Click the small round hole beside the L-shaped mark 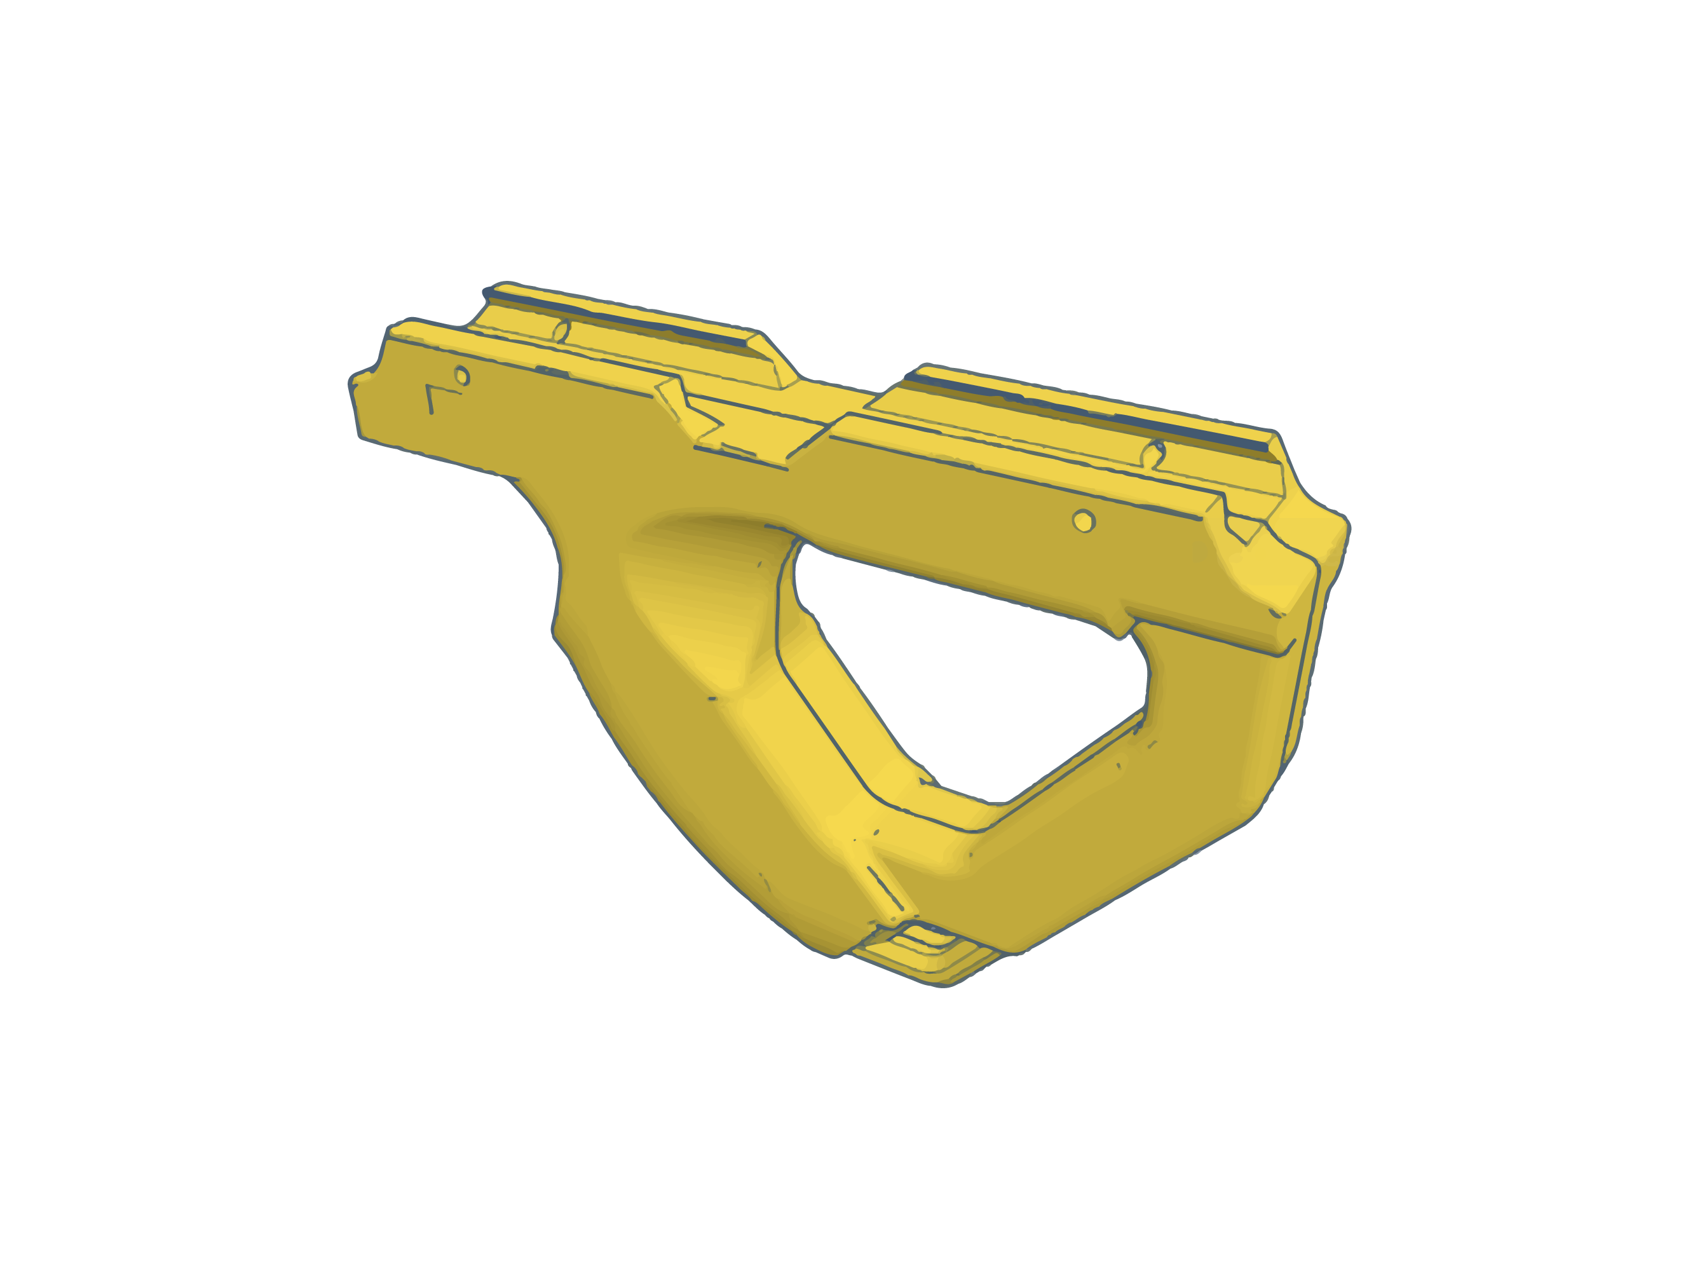(462, 376)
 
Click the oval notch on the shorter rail (562, 332)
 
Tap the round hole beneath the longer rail (1083, 522)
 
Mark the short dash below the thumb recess (712, 698)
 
